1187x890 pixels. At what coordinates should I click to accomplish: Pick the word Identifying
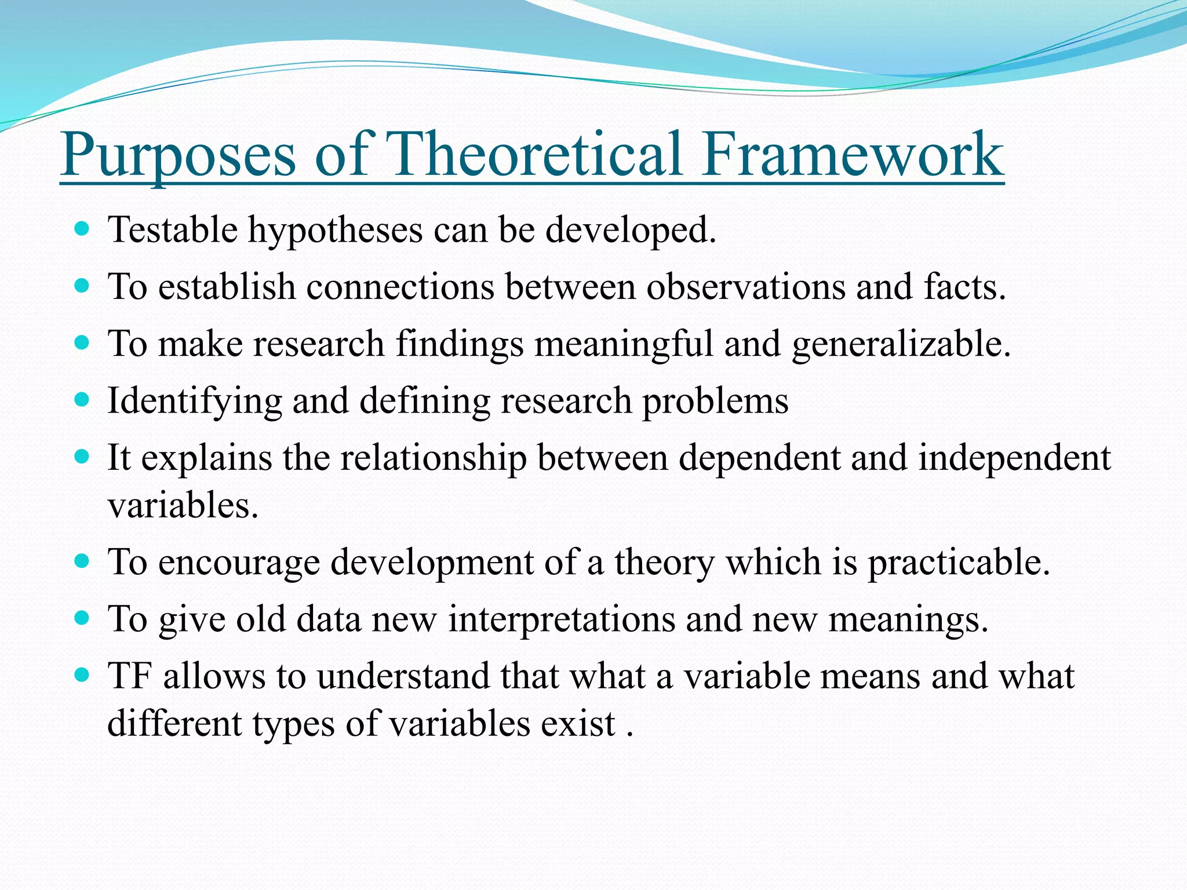click(x=195, y=402)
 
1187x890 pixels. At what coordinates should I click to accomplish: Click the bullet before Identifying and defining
click(x=82, y=400)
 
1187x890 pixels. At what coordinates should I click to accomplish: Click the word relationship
click(x=433, y=458)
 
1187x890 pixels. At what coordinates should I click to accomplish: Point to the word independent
click(x=1014, y=458)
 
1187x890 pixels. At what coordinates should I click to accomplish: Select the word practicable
click(x=959, y=563)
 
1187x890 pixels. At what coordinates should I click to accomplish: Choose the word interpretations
click(x=562, y=619)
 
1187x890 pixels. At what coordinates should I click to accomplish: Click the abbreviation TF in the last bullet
click(x=130, y=676)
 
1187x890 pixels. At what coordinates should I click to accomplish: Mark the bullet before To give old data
click(x=82, y=618)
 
